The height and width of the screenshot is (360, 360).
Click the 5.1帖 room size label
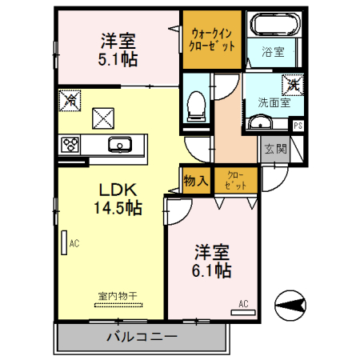tap(116, 58)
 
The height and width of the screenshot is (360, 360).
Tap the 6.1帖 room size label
tap(211, 270)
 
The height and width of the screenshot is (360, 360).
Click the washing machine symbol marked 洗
tap(290, 82)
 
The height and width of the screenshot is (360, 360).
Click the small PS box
tap(298, 126)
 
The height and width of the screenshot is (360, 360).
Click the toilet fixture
tap(194, 104)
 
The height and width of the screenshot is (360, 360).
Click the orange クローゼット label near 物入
tap(236, 180)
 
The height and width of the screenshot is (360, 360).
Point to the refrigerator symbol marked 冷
tap(71, 101)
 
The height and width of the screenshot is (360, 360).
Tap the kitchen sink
tap(121, 145)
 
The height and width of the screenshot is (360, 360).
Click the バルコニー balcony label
tap(142, 336)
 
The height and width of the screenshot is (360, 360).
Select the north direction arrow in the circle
tap(292, 305)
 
